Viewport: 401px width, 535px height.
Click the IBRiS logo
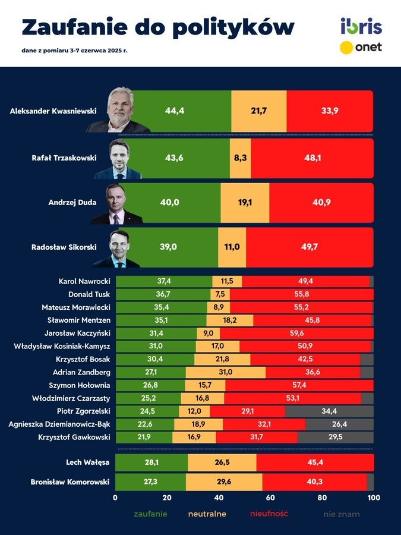coord(361,26)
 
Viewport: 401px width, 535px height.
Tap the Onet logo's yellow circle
coord(347,48)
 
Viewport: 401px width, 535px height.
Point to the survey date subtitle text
coord(74,51)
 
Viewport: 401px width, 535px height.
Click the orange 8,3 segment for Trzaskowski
coord(241,159)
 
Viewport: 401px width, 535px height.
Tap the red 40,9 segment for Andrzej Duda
coord(321,203)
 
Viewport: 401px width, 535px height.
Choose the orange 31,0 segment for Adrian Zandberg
coord(226,372)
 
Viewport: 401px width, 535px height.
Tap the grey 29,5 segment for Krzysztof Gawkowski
coord(336,438)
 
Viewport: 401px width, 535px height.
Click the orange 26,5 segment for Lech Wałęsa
coord(222,462)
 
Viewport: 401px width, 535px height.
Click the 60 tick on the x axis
coord(270,498)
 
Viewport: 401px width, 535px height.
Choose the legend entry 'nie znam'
coord(342,514)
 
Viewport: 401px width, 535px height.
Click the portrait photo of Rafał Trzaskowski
coord(125,159)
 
